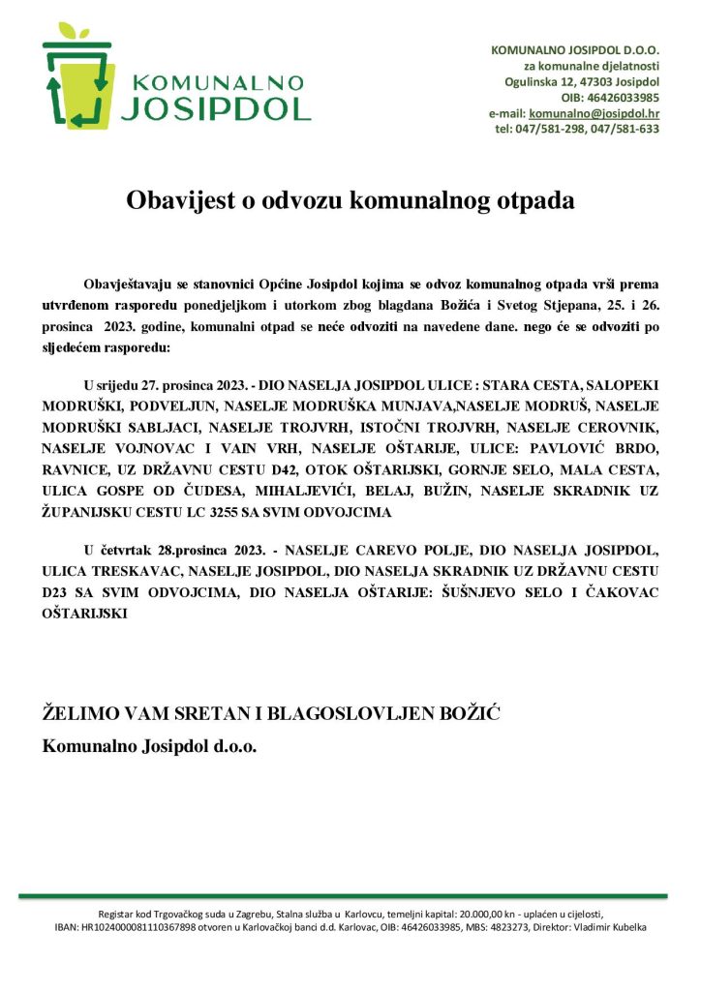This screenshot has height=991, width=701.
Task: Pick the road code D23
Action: (x=59, y=592)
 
